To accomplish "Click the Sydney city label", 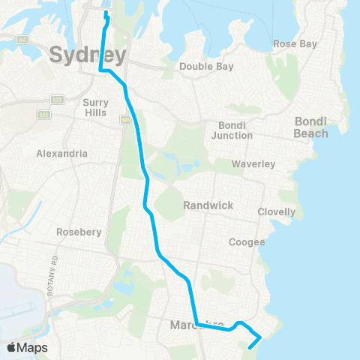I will point(88,55).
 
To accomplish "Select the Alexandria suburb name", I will point(62,154).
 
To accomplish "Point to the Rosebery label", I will point(79,232).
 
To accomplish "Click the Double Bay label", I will point(206,67).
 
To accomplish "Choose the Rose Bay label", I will point(295,44).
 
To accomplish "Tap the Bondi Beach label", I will point(311,127).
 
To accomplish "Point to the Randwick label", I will point(208,205).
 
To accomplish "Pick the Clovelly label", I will point(276,212).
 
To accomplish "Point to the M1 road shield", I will point(123,115).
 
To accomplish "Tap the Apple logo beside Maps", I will point(12,348).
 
